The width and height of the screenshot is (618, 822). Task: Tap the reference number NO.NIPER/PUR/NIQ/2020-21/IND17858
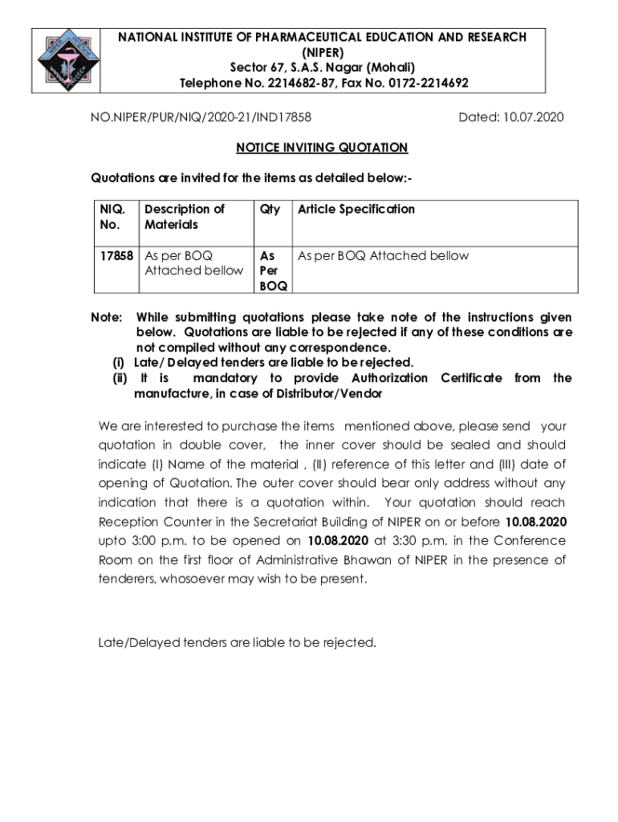[201, 118]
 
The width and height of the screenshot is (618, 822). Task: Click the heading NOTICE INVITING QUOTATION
[322, 148]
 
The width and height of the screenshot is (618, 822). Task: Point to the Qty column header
[270, 210]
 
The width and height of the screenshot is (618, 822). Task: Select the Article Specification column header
[356, 210]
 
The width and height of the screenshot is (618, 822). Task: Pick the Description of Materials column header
[185, 217]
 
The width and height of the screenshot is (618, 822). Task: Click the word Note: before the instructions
[107, 318]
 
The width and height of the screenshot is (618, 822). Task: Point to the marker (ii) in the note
[120, 378]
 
